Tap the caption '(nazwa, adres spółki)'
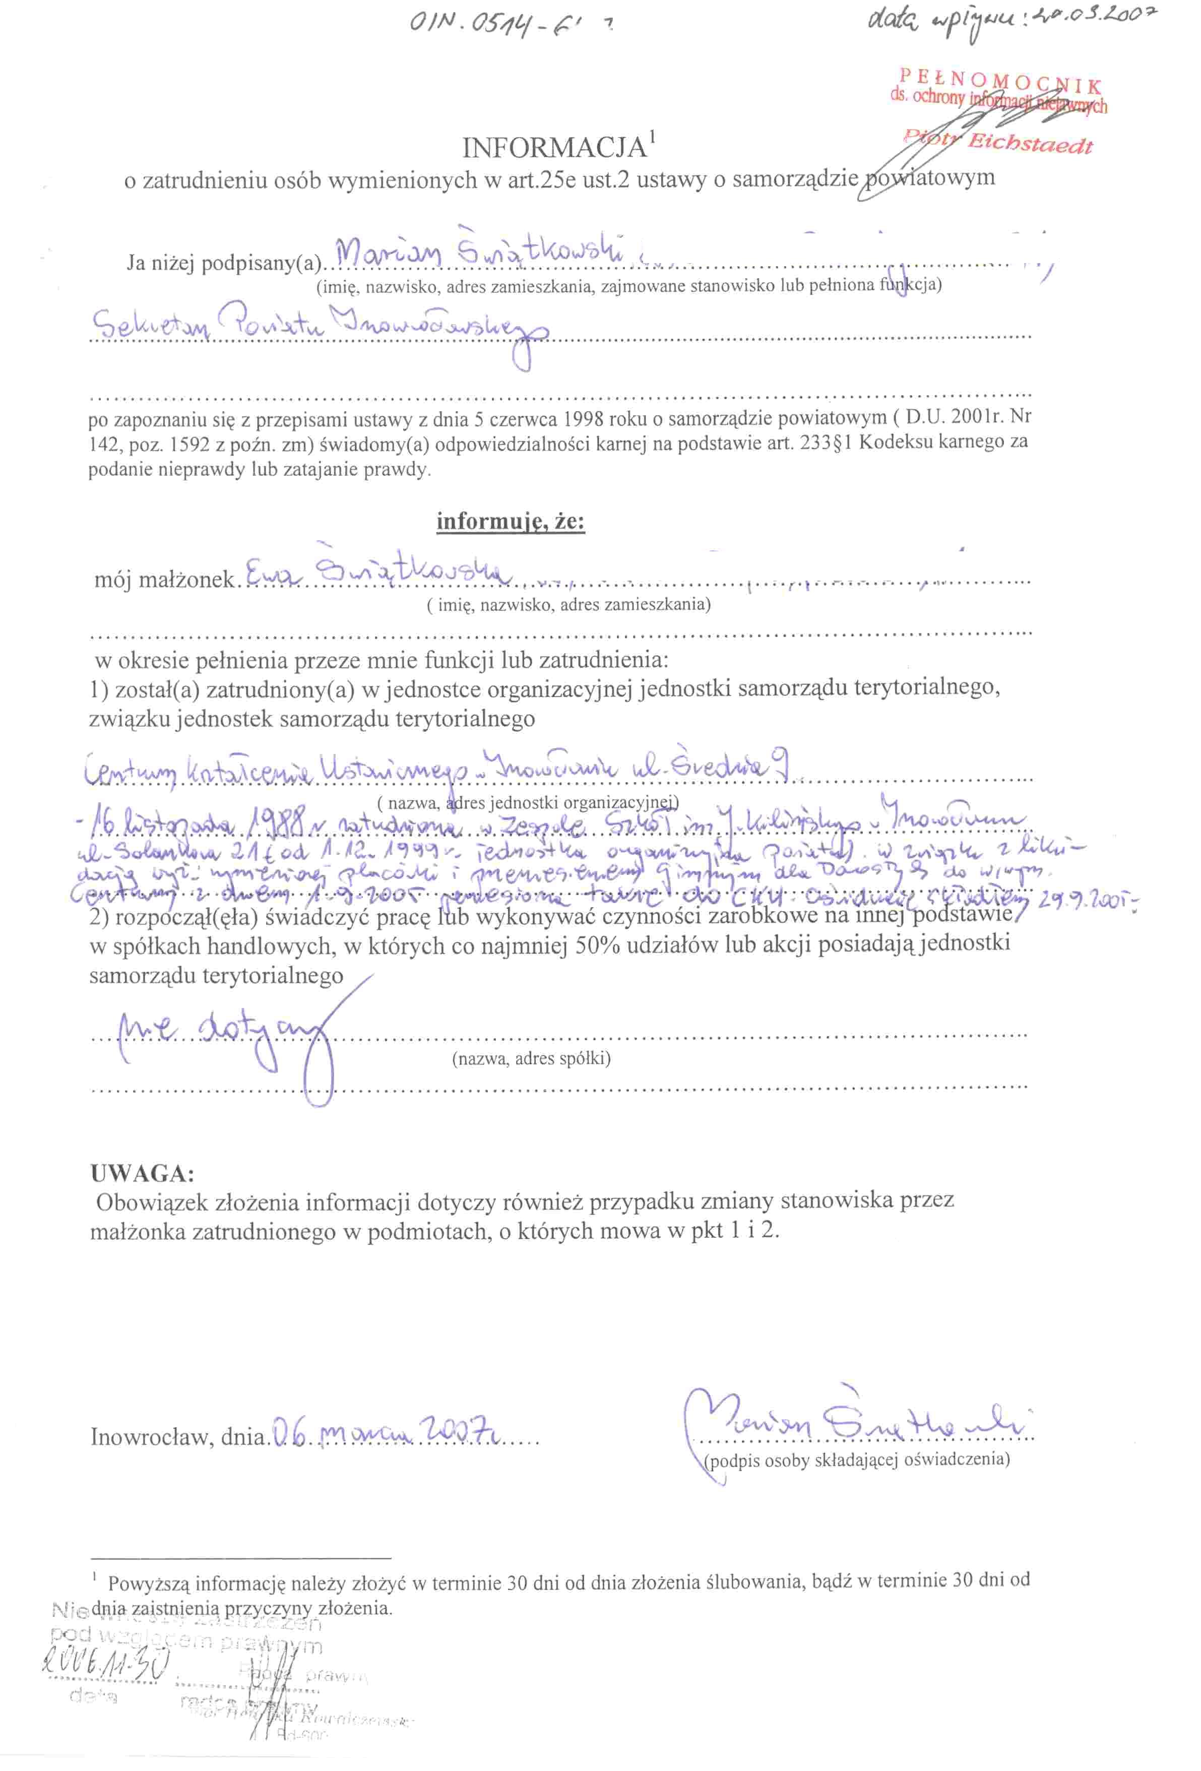(531, 1058)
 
